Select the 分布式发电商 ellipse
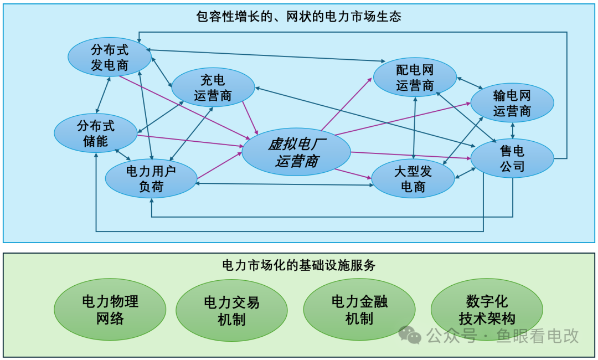[110, 58]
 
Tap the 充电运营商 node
[213, 87]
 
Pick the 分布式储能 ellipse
[95, 133]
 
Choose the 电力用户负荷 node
[151, 179]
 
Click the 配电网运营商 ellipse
[415, 78]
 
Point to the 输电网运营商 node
[512, 103]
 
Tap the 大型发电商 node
[413, 179]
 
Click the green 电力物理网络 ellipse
[110, 310]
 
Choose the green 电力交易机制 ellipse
[231, 310]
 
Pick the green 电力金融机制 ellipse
[359, 310]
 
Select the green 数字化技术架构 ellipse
[487, 310]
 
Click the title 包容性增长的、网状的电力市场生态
[299, 16]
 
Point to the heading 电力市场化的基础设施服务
[299, 265]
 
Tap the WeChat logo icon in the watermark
[410, 335]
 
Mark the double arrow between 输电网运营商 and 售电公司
[513, 130]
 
